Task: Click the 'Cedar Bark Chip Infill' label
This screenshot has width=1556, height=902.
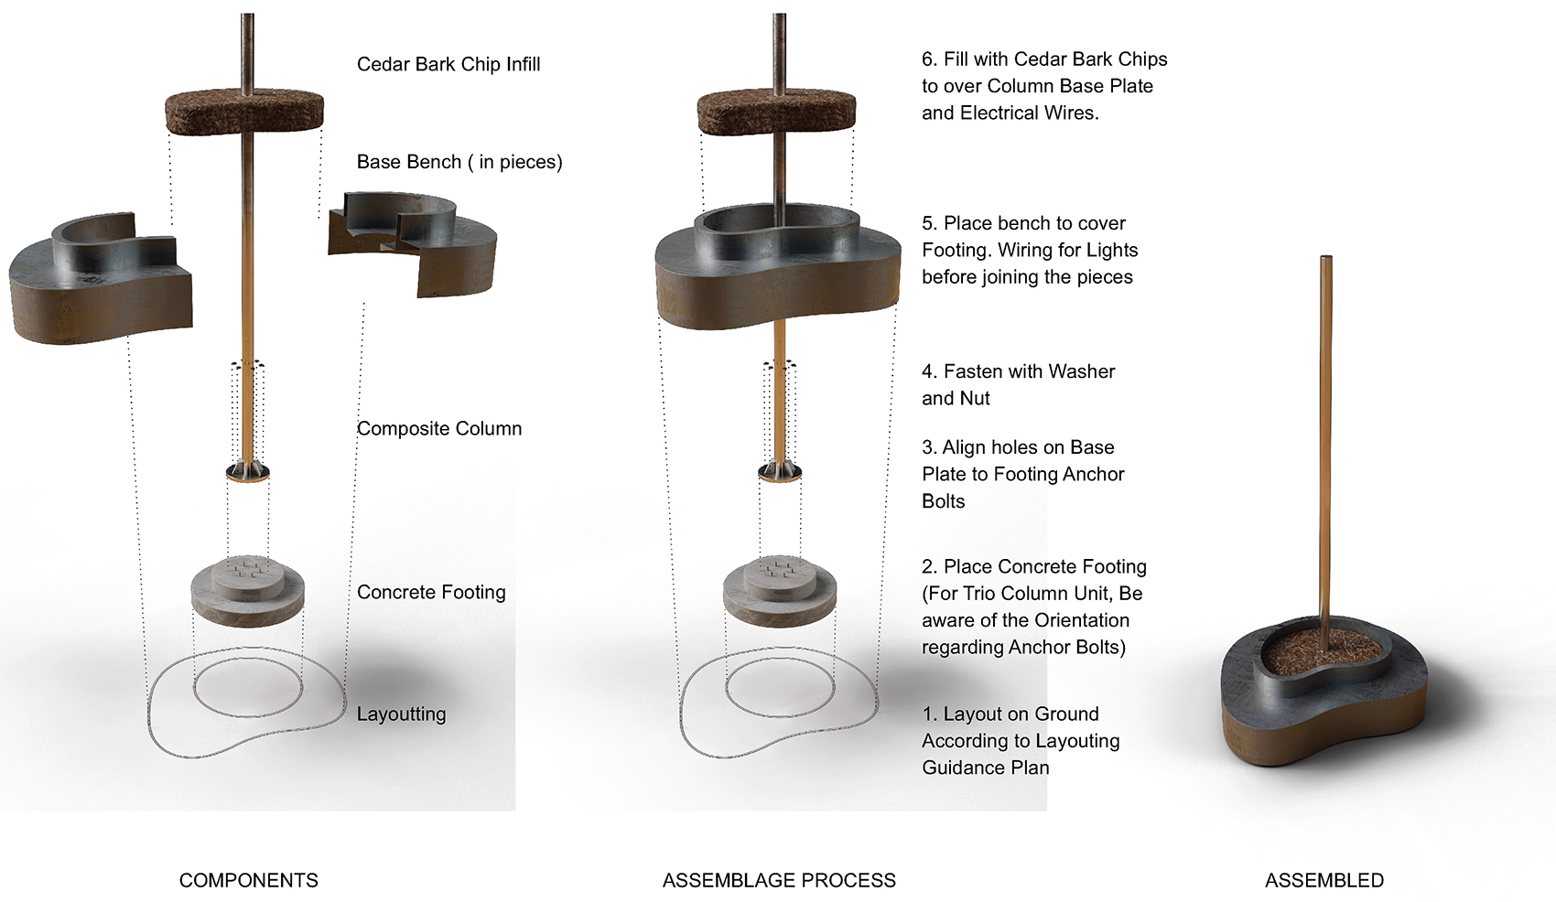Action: pos(448,64)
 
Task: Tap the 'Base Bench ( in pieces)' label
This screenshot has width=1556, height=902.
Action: pos(459,162)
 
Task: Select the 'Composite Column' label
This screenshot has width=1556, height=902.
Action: pos(439,428)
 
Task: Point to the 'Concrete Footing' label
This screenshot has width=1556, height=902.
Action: pos(431,592)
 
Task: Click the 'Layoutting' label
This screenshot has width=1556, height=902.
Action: pos(401,714)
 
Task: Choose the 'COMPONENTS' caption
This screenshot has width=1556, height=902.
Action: pos(249,880)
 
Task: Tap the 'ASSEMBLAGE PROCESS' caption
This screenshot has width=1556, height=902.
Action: pos(779,880)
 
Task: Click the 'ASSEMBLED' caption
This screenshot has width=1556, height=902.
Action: pos(1324,880)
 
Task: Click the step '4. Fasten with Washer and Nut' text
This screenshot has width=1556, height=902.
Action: pos(1018,385)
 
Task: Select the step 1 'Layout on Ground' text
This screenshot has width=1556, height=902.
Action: pos(1021,741)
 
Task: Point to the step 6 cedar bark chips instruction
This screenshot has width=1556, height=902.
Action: pos(1044,86)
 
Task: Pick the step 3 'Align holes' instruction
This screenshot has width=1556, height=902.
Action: pos(1022,474)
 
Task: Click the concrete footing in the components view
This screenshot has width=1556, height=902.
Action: pos(247,591)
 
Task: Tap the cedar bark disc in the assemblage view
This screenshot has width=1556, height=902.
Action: pos(776,113)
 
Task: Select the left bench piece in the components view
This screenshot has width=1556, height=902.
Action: pos(101,278)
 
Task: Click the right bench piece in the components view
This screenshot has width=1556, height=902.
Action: pos(413,244)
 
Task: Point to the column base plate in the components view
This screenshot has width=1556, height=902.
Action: pos(247,473)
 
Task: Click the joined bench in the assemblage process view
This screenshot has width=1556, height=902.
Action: pos(778,266)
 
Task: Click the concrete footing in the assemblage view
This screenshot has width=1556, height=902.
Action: pos(780,591)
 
